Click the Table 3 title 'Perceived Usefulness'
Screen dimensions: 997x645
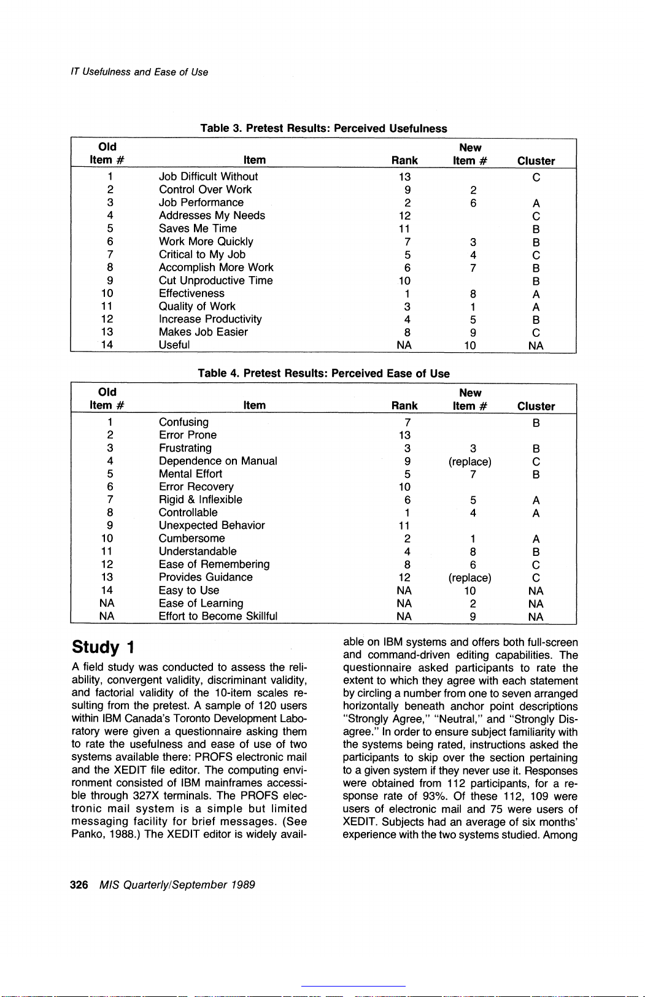click(323, 128)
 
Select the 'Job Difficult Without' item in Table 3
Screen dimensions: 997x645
click(208, 177)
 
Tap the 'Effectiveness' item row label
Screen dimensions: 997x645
click(191, 293)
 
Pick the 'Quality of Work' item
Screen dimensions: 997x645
click(197, 306)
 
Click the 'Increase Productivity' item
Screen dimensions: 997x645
click(210, 319)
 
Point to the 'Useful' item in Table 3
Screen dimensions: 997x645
click(174, 345)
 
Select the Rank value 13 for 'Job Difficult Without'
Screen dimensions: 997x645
click(404, 177)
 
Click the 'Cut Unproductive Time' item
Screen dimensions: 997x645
click(215, 280)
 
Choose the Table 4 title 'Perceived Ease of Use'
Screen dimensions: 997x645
click(323, 374)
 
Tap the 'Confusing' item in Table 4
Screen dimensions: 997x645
click(183, 422)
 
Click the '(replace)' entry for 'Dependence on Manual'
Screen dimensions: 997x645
click(469, 461)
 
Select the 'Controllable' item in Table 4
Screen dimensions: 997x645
click(188, 512)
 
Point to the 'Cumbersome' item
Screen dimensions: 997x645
click(191, 538)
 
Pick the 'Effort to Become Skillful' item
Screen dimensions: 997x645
click(218, 616)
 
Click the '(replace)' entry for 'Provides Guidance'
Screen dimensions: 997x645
click(469, 578)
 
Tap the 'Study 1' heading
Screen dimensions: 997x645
click(103, 647)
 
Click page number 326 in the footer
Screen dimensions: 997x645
click(79, 885)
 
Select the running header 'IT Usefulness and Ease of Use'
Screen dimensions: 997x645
click(139, 72)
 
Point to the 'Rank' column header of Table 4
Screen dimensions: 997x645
click(404, 406)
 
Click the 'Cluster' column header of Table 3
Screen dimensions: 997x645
click(536, 161)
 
